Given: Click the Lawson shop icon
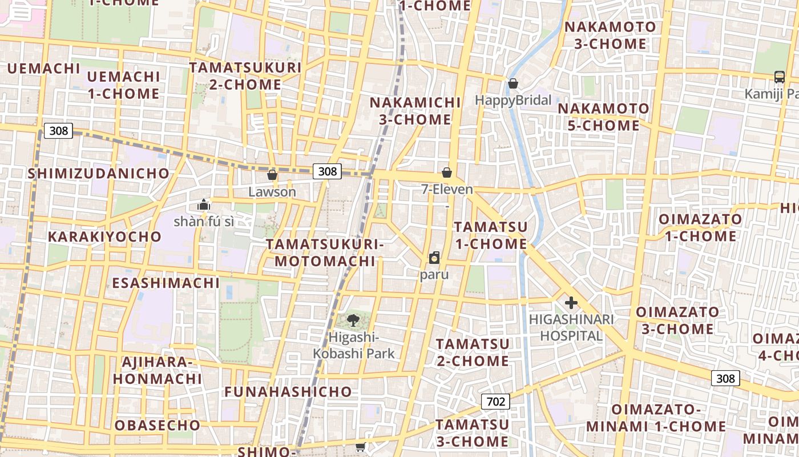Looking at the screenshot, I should click(x=272, y=175).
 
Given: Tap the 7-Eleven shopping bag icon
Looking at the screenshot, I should click(x=447, y=173).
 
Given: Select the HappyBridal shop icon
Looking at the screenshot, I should click(x=513, y=84).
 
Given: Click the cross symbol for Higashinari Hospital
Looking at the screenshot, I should click(x=571, y=303).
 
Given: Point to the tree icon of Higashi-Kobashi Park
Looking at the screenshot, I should click(x=353, y=320).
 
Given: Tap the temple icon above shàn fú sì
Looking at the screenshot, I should click(x=204, y=205).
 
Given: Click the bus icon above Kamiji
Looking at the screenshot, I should click(x=779, y=77).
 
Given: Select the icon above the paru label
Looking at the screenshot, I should click(x=434, y=258).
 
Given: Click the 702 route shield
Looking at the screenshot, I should click(x=495, y=402).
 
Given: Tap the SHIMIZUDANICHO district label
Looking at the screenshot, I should click(x=99, y=174).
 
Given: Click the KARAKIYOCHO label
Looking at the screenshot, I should click(x=104, y=236).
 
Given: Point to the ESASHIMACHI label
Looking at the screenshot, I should click(x=166, y=283).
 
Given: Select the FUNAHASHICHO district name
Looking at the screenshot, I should click(x=288, y=392).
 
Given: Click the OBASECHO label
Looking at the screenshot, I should click(x=158, y=426).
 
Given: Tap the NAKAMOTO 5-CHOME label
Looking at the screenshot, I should click(x=603, y=117).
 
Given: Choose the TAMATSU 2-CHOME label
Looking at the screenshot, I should click(x=473, y=352).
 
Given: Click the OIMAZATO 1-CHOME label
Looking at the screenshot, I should click(x=700, y=227).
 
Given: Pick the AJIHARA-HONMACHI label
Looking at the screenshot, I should click(x=157, y=370).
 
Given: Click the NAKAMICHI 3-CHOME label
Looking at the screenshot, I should click(x=415, y=111).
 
